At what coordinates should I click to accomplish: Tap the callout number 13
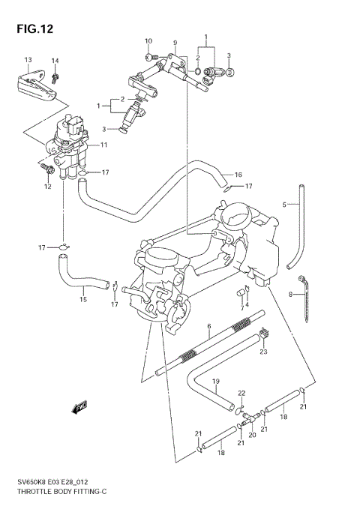coord(28,60)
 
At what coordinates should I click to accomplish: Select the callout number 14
coord(55,61)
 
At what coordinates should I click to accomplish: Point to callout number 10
coord(148,40)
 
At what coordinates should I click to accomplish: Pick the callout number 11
coord(104,144)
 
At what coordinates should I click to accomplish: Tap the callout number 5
coord(284,204)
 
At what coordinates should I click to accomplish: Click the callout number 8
coord(290,295)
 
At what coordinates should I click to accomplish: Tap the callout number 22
coord(241,393)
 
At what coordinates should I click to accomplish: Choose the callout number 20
coord(252,434)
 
